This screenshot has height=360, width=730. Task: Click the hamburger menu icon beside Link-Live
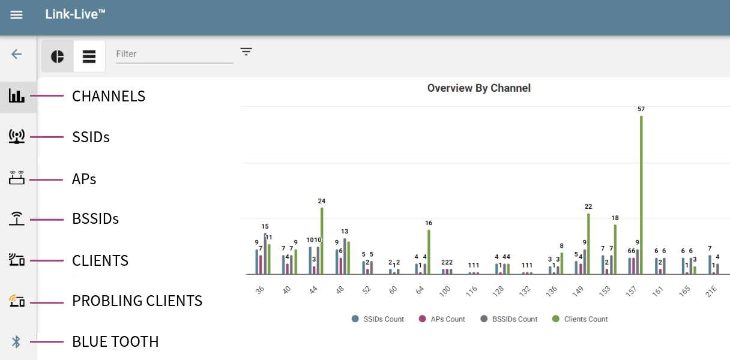16,14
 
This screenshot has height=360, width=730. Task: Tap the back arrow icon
16,54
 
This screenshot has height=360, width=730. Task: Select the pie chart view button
58,56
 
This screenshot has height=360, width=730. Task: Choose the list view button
89,56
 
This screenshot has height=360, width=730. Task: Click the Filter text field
174,54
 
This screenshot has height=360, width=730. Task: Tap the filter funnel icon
246,52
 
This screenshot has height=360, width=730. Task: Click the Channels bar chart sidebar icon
17,96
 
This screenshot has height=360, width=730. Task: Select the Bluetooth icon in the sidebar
16,342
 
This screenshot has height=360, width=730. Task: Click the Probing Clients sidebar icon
17,301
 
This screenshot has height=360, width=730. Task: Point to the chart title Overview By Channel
478,88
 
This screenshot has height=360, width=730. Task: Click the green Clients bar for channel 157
641,195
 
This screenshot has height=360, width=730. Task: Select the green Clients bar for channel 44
322,241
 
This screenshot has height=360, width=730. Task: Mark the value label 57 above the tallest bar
641,109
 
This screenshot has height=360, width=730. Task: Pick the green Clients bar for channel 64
429,252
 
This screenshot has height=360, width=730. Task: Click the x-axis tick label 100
445,291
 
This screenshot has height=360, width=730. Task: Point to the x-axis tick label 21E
711,291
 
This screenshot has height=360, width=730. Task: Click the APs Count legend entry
442,319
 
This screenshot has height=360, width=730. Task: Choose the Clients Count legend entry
580,319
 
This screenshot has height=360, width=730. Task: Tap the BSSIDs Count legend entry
509,319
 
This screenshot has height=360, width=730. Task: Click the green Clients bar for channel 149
588,244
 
